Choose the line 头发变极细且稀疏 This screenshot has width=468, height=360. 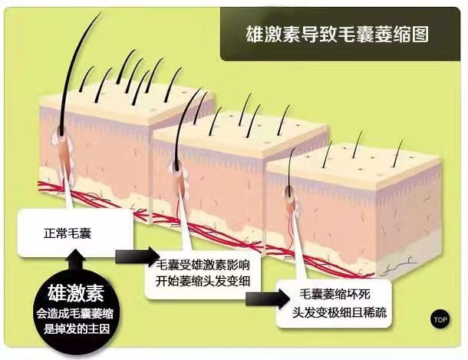pos(335,308)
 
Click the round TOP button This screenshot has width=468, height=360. pos(440,319)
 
